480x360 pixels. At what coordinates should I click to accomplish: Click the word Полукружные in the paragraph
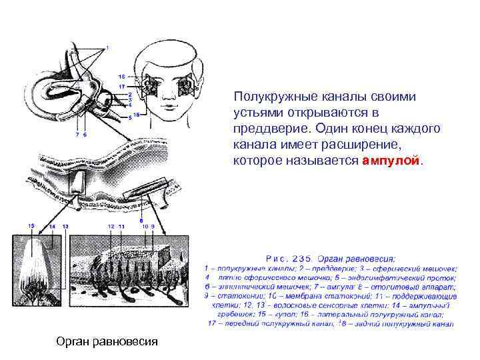269,97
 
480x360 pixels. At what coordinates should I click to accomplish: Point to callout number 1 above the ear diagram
108,47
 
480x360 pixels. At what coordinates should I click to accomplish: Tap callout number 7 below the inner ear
77,135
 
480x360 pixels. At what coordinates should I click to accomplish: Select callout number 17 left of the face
121,87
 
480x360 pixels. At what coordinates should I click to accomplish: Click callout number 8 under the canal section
141,221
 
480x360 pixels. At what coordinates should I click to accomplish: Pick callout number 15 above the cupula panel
31,227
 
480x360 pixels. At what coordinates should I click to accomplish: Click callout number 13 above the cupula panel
65,227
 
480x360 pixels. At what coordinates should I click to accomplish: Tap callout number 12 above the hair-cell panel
111,227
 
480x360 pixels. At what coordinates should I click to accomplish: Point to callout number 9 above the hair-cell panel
153,227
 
